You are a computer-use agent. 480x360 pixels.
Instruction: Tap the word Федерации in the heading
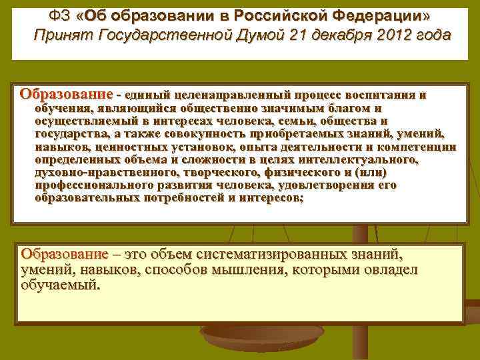tap(384, 15)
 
